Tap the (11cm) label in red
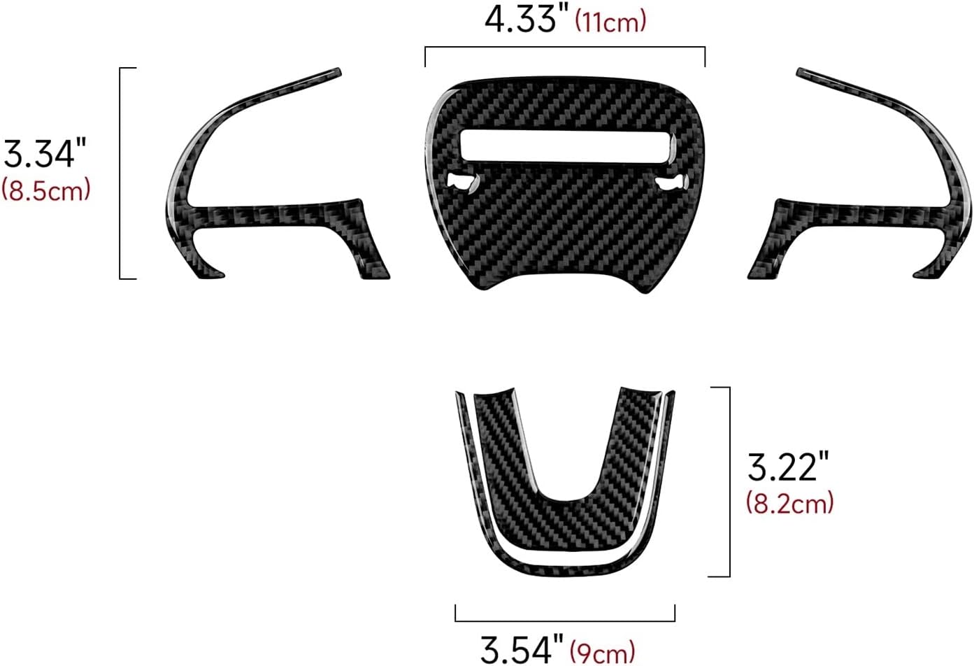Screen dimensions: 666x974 point(610,22)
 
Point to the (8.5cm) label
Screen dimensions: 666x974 point(46,190)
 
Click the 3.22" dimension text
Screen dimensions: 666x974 point(788,467)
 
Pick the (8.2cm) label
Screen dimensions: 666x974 point(789,503)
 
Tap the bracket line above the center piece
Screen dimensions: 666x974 point(565,48)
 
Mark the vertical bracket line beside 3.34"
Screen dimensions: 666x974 point(121,173)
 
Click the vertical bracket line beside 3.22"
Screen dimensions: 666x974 point(729,481)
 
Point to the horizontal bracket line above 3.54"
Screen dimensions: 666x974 point(565,621)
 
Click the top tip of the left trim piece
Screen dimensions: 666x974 point(336,71)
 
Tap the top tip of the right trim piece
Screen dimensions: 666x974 point(801,71)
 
